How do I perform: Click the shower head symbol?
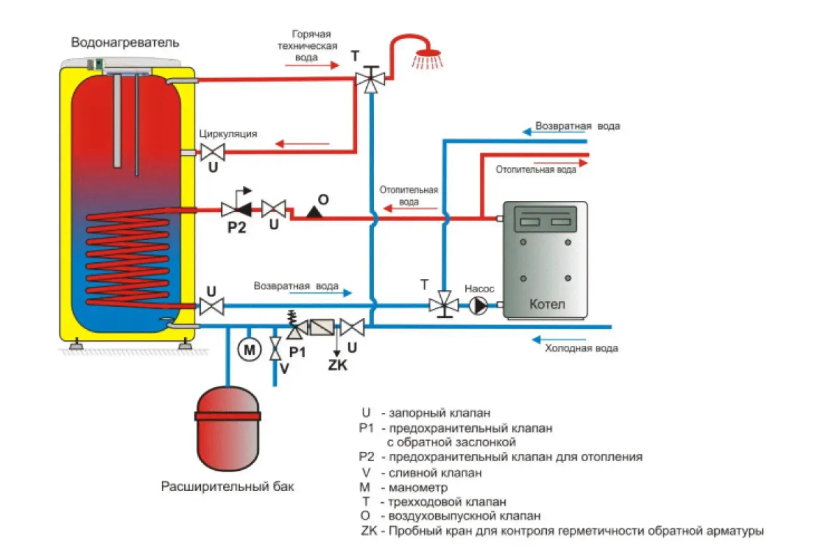point(427,56)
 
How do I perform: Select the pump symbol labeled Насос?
point(478,305)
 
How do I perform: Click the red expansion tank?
point(229,428)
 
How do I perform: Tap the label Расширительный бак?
point(227,487)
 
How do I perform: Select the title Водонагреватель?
point(126,43)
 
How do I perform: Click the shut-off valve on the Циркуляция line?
point(212,151)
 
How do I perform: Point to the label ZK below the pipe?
point(337,365)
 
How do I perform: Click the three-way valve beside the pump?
point(443,305)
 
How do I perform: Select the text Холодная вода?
point(581,348)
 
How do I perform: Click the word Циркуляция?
point(228,133)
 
